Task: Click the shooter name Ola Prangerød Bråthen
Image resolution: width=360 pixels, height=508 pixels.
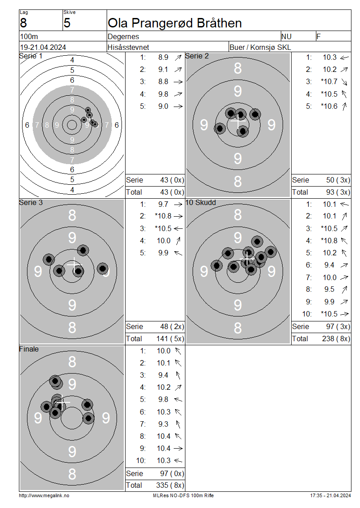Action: (x=175, y=23)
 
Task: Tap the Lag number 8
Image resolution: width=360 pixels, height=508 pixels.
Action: (x=23, y=23)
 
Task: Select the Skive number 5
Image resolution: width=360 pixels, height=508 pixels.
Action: (x=67, y=23)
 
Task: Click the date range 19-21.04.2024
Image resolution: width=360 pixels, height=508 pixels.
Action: (x=43, y=47)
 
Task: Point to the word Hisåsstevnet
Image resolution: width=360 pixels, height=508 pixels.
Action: (x=128, y=47)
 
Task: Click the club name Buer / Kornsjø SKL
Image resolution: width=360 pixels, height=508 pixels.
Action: (x=260, y=47)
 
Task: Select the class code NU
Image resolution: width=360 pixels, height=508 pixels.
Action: (x=286, y=36)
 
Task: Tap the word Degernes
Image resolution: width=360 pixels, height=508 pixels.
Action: (x=123, y=36)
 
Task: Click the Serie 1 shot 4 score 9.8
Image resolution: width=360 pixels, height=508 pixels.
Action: (x=163, y=94)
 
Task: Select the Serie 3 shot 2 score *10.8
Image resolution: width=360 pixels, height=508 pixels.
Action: (x=163, y=216)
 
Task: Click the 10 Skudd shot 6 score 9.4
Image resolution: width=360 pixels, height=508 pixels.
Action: (x=329, y=265)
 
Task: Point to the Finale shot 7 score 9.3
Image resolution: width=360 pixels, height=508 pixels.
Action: (x=163, y=424)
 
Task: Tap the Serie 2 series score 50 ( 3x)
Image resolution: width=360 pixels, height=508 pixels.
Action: (x=338, y=180)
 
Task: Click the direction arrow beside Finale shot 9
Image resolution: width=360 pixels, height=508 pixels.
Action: (x=178, y=448)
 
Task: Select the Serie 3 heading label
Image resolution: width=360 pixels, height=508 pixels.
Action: (x=31, y=202)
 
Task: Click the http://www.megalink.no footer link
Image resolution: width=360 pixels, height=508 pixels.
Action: (x=44, y=495)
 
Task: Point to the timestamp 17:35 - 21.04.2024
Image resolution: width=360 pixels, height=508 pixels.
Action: (x=330, y=495)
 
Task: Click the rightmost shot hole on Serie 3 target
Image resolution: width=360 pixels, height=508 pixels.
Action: (x=103, y=268)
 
